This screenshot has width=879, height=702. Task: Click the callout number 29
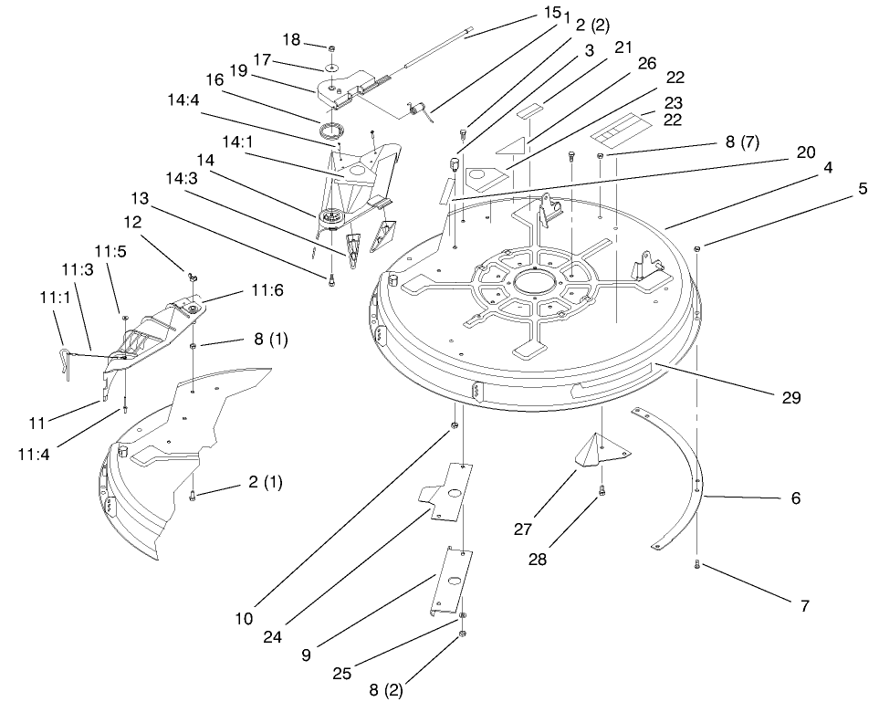pyautogui.click(x=790, y=399)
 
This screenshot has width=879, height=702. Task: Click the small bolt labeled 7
pyautogui.click(x=696, y=565)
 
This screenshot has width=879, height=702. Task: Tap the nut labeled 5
pyautogui.click(x=697, y=248)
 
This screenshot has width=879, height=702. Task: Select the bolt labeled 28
pyautogui.click(x=602, y=493)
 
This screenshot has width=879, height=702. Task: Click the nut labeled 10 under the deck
pyautogui.click(x=454, y=427)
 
